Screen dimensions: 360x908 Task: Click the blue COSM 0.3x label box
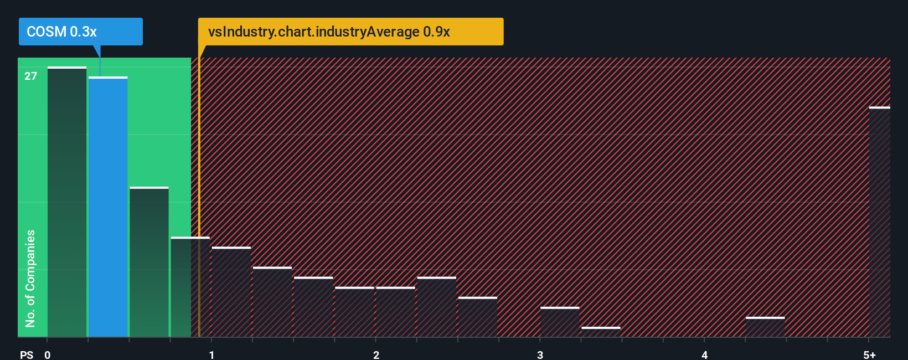tap(80, 32)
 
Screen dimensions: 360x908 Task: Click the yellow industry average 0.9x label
tap(350, 32)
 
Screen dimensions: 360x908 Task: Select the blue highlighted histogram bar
tap(108, 208)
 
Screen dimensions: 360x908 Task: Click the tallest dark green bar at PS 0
tap(67, 202)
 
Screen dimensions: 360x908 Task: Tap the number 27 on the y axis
tap(30, 76)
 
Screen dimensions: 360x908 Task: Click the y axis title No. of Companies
tap(30, 278)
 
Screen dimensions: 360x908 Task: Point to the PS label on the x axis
tap(27, 354)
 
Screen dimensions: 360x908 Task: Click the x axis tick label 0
tap(48, 354)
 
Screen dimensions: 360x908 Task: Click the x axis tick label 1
tap(211, 354)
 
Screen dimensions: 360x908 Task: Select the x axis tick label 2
tap(376, 354)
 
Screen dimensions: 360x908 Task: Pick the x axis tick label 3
tap(540, 354)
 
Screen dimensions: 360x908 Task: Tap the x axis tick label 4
tap(704, 354)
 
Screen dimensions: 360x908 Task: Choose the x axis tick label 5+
tap(869, 354)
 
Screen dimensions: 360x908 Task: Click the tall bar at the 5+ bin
tap(879, 222)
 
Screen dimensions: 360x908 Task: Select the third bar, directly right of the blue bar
tap(149, 262)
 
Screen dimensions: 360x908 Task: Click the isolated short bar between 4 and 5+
tap(765, 327)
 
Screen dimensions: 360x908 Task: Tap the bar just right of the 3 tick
tap(560, 322)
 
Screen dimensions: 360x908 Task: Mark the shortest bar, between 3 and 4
tap(601, 332)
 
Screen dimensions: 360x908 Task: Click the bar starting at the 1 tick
tap(231, 292)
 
